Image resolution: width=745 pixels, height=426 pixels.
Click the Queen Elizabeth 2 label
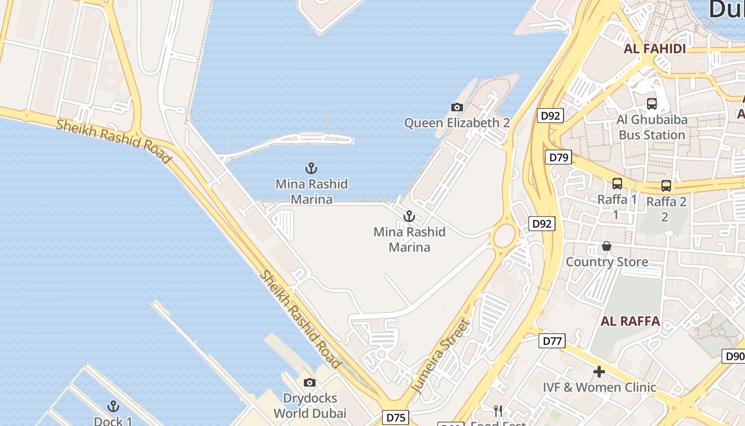click(x=457, y=123)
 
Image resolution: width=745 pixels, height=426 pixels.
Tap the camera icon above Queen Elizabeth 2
click(x=457, y=108)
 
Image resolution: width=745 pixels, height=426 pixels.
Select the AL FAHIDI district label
click(x=654, y=49)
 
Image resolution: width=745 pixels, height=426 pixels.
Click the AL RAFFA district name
click(x=630, y=321)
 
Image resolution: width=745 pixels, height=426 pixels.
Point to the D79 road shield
click(x=558, y=157)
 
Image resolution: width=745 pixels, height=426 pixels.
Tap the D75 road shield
click(x=396, y=417)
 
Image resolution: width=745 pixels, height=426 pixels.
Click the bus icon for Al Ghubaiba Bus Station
click(x=652, y=104)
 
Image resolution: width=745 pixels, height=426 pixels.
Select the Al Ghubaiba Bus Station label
click(x=652, y=127)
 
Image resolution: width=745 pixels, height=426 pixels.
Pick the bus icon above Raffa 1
click(x=617, y=184)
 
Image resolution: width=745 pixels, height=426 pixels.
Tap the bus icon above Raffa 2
click(x=666, y=186)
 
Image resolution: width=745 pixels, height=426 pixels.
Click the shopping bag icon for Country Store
click(x=606, y=246)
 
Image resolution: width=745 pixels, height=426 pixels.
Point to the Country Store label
click(x=607, y=262)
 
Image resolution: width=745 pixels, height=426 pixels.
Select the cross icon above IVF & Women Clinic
click(x=599, y=372)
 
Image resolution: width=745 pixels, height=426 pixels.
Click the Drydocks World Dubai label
click(x=310, y=406)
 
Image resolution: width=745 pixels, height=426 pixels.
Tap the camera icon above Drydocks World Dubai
click(x=309, y=382)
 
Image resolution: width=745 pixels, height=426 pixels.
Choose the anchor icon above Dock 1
click(x=113, y=407)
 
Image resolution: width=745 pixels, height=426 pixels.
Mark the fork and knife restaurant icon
click(x=498, y=411)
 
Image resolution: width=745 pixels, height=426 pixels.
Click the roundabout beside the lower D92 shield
click(x=504, y=236)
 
